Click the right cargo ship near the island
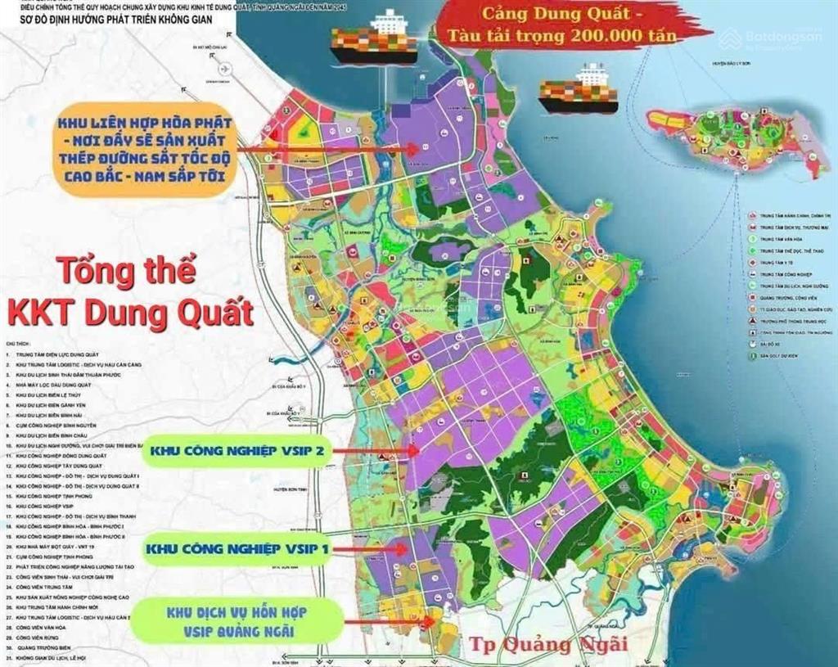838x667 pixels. tap(578, 91)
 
